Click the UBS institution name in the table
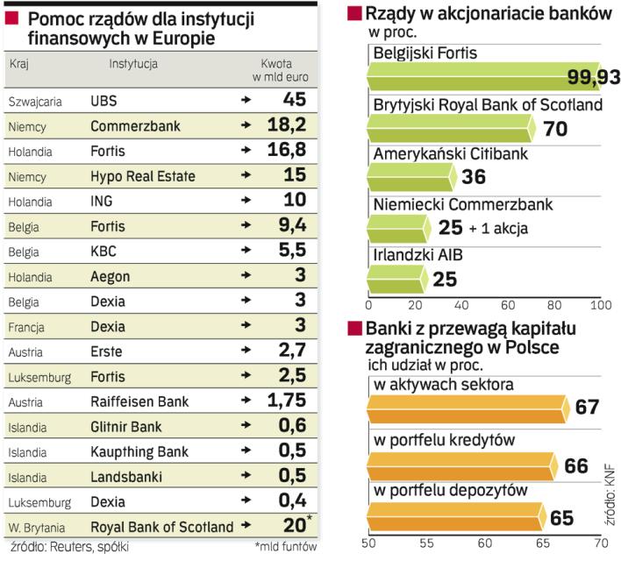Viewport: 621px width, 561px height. coord(103,101)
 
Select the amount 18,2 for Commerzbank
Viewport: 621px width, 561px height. coord(286,125)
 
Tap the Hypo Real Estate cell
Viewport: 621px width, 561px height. coord(143,176)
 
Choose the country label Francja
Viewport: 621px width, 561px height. coord(28,326)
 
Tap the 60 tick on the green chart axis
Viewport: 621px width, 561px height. coord(506,306)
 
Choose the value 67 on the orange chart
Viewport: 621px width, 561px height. coord(587,409)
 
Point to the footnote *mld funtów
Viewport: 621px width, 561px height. coord(284,548)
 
